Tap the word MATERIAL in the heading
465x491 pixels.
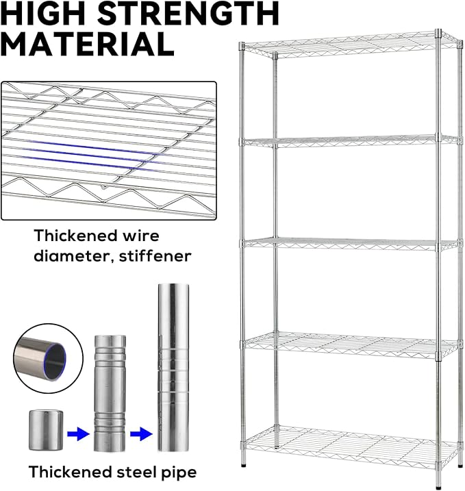(x=88, y=44)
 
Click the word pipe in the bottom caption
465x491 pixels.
(x=179, y=473)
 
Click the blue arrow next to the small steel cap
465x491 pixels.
(x=78, y=434)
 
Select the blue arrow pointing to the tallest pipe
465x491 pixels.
(x=141, y=434)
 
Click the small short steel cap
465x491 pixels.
(x=46, y=430)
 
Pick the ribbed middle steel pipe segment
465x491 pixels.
(x=110, y=393)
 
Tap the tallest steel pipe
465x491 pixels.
(x=173, y=367)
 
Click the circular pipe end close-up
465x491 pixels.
(x=48, y=359)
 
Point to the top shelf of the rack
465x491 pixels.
(x=351, y=45)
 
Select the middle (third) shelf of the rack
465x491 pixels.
(x=351, y=244)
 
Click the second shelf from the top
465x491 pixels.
(x=351, y=141)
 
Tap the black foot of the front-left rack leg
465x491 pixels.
(x=244, y=465)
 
